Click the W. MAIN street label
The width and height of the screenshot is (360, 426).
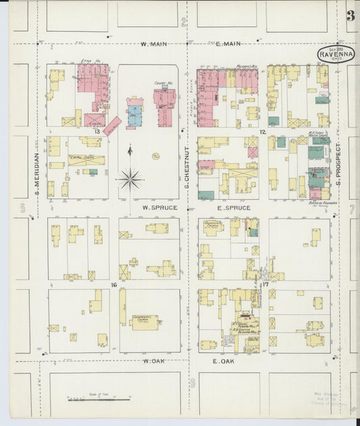pos(154,45)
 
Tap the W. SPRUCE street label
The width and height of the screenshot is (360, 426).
pos(159,208)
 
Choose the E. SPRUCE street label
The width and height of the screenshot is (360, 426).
pos(234,208)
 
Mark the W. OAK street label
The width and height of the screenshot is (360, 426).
pos(155,361)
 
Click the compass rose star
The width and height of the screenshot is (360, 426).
pos(130,179)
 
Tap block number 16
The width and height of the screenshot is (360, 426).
pos(114,286)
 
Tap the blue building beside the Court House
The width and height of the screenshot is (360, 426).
pos(134,111)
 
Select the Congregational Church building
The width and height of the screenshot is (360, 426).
pos(144,321)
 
